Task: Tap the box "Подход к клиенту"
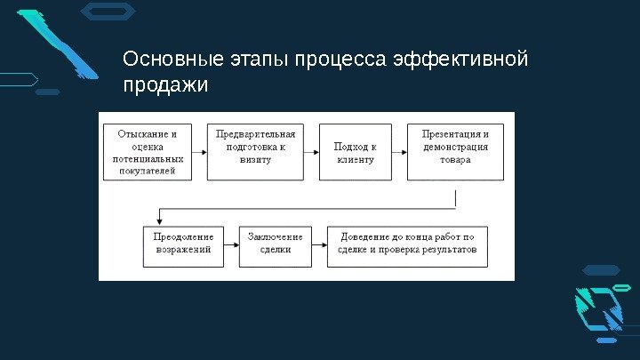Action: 355,152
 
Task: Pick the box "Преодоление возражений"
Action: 183,244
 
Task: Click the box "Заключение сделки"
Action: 275,244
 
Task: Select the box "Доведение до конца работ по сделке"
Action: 407,244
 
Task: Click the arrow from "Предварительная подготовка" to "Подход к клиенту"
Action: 311,152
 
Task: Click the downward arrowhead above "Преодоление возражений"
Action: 159,220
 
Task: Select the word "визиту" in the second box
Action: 255,160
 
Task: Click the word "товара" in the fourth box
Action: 454,160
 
